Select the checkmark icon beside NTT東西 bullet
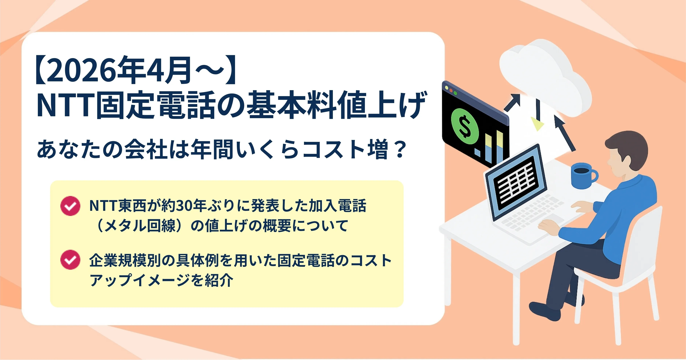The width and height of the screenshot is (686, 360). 70,206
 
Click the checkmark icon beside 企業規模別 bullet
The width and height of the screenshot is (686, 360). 70,260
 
